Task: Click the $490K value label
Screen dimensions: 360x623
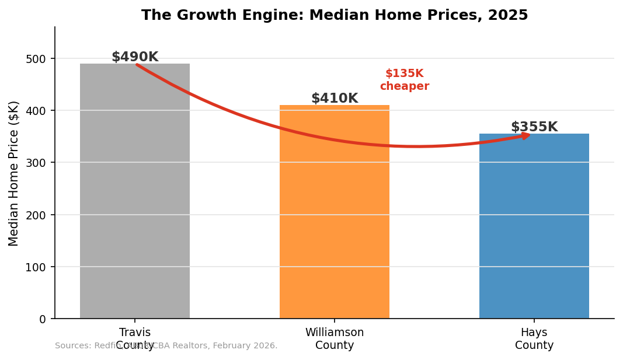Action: pyautogui.click(x=135, y=57)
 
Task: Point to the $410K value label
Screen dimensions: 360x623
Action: pyautogui.click(x=335, y=99)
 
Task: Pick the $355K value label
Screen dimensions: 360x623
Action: pyautogui.click(x=534, y=127)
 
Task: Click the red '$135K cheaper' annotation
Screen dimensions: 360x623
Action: pyautogui.click(x=404, y=80)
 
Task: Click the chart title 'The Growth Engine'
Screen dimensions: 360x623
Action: pyautogui.click(x=335, y=15)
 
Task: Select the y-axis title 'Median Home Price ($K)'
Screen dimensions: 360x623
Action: pyautogui.click(x=14, y=173)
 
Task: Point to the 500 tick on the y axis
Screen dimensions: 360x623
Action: pyautogui.click(x=39, y=59)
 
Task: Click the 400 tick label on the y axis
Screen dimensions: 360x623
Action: pyautogui.click(x=39, y=111)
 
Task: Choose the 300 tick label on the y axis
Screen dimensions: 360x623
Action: pyautogui.click(x=39, y=163)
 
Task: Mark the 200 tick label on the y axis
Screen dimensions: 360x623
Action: pyautogui.click(x=39, y=215)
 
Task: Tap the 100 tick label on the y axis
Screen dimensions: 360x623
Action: pyautogui.click(x=39, y=267)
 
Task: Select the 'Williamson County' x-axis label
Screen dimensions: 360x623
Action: pyautogui.click(x=335, y=339)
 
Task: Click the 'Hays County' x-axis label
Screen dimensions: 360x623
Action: pyautogui.click(x=534, y=339)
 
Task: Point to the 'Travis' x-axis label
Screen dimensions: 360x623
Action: pyautogui.click(x=135, y=333)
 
